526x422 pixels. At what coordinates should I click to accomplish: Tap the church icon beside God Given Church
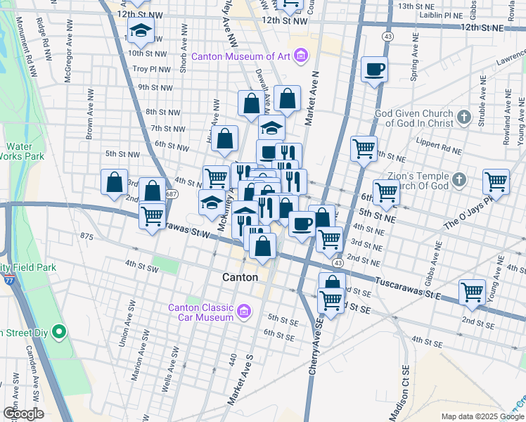(x=463, y=117)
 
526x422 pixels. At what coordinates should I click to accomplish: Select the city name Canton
(x=240, y=277)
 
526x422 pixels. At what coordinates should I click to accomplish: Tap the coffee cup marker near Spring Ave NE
(x=375, y=69)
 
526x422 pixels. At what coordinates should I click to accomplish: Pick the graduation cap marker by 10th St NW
(x=141, y=32)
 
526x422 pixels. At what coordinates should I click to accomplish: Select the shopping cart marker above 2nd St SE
(x=472, y=291)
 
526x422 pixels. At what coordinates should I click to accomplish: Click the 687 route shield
(x=172, y=193)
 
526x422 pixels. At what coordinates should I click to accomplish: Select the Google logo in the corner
(x=23, y=414)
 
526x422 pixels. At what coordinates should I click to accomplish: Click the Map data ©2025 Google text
(x=482, y=416)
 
